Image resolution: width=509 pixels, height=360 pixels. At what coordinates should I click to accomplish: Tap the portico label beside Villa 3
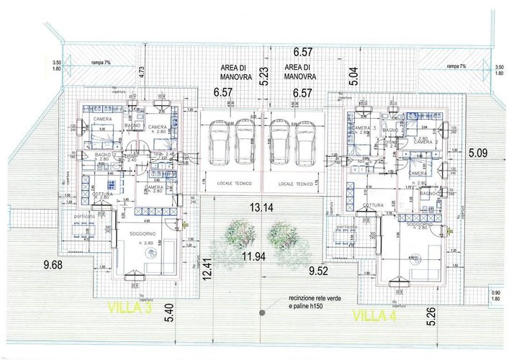point(84,216)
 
